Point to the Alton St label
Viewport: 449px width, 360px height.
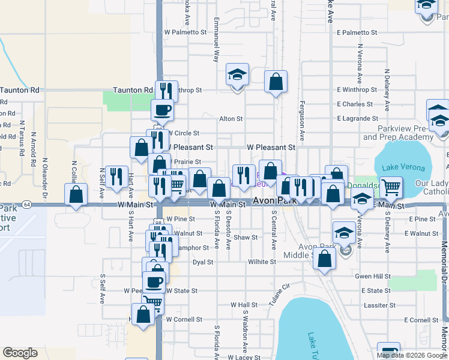pos(231,119)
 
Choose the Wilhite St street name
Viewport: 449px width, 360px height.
pos(262,262)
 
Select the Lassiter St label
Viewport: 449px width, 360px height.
pos(379,305)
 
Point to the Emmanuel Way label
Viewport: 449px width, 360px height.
pos(215,47)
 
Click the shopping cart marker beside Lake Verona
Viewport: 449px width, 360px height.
pos(391,188)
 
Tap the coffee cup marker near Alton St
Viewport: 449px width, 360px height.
pos(163,110)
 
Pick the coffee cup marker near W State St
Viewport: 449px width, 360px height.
pos(153,281)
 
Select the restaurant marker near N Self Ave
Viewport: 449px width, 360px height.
pos(116,176)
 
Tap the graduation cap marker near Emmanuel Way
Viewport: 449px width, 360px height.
pos(237,76)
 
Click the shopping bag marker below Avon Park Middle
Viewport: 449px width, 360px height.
pos(324,259)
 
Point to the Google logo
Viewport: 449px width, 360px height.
pos(20,353)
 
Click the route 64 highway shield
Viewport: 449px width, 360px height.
pos(28,204)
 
